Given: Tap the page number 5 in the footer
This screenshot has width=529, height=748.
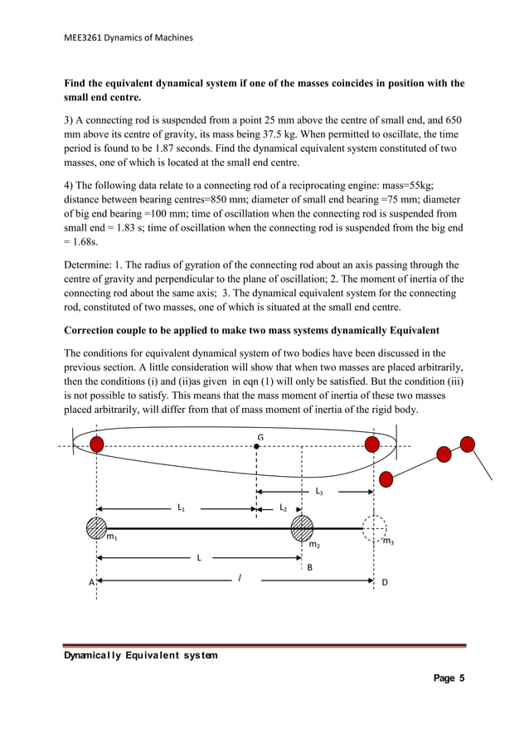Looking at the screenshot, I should pyautogui.click(x=461, y=678).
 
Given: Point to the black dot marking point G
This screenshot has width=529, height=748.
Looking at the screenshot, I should pyautogui.click(x=258, y=446).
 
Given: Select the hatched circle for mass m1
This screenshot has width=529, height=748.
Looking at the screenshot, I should pyautogui.click(x=97, y=527).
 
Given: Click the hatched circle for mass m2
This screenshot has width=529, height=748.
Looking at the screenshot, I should pyautogui.click(x=302, y=527).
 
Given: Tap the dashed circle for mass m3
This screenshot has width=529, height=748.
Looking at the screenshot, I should pyautogui.click(x=376, y=527).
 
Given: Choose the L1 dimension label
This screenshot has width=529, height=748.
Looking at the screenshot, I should pyautogui.click(x=182, y=507).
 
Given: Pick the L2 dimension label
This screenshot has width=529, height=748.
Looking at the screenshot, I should pyautogui.click(x=283, y=507).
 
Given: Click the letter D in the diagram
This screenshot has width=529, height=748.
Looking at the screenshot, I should pyautogui.click(x=384, y=582).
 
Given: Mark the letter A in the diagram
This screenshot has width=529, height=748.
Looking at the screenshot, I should pyautogui.click(x=91, y=582).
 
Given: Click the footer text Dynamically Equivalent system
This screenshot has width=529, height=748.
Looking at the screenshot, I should pyautogui.click(x=142, y=655).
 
